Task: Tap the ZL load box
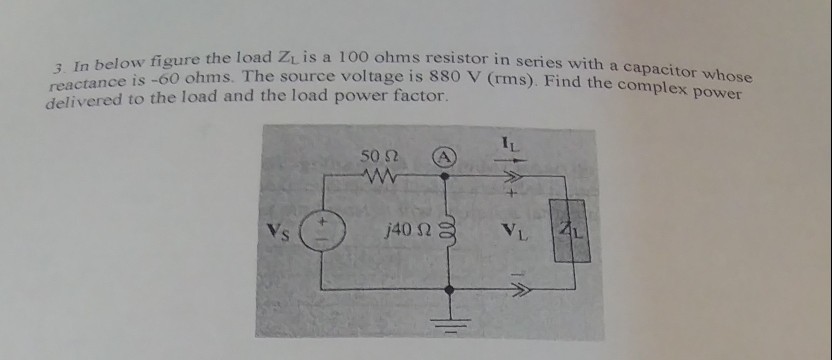571,231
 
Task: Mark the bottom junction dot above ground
448,290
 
